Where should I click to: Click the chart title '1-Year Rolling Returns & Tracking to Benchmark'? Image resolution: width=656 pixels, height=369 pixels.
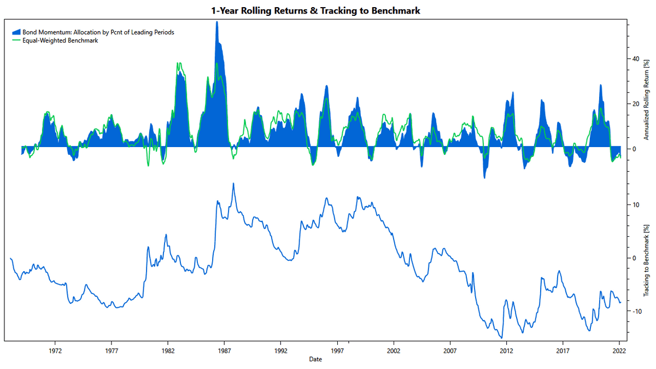(x=315, y=10)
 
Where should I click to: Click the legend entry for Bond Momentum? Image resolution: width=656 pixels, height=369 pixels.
(x=97, y=32)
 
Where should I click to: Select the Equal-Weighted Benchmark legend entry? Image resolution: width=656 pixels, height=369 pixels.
(x=60, y=40)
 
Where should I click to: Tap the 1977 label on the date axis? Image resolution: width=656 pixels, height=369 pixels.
(x=111, y=350)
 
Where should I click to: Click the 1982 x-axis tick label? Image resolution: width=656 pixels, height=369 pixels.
(x=168, y=350)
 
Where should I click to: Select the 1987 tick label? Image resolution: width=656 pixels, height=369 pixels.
(x=224, y=350)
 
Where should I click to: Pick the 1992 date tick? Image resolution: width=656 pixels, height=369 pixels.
(x=281, y=350)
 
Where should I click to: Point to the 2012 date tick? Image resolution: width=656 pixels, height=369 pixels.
(x=507, y=350)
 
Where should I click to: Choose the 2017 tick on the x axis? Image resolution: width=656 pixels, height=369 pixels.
(x=563, y=350)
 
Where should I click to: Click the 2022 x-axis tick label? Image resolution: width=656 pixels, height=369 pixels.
(x=619, y=350)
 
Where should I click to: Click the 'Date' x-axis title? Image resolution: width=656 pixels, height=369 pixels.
(x=315, y=360)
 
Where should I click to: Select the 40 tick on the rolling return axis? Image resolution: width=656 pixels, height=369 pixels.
(x=636, y=59)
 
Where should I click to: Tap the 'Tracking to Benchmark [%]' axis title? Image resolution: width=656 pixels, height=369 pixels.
(x=646, y=260)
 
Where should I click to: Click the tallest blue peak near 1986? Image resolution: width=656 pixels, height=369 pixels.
(x=217, y=23)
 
